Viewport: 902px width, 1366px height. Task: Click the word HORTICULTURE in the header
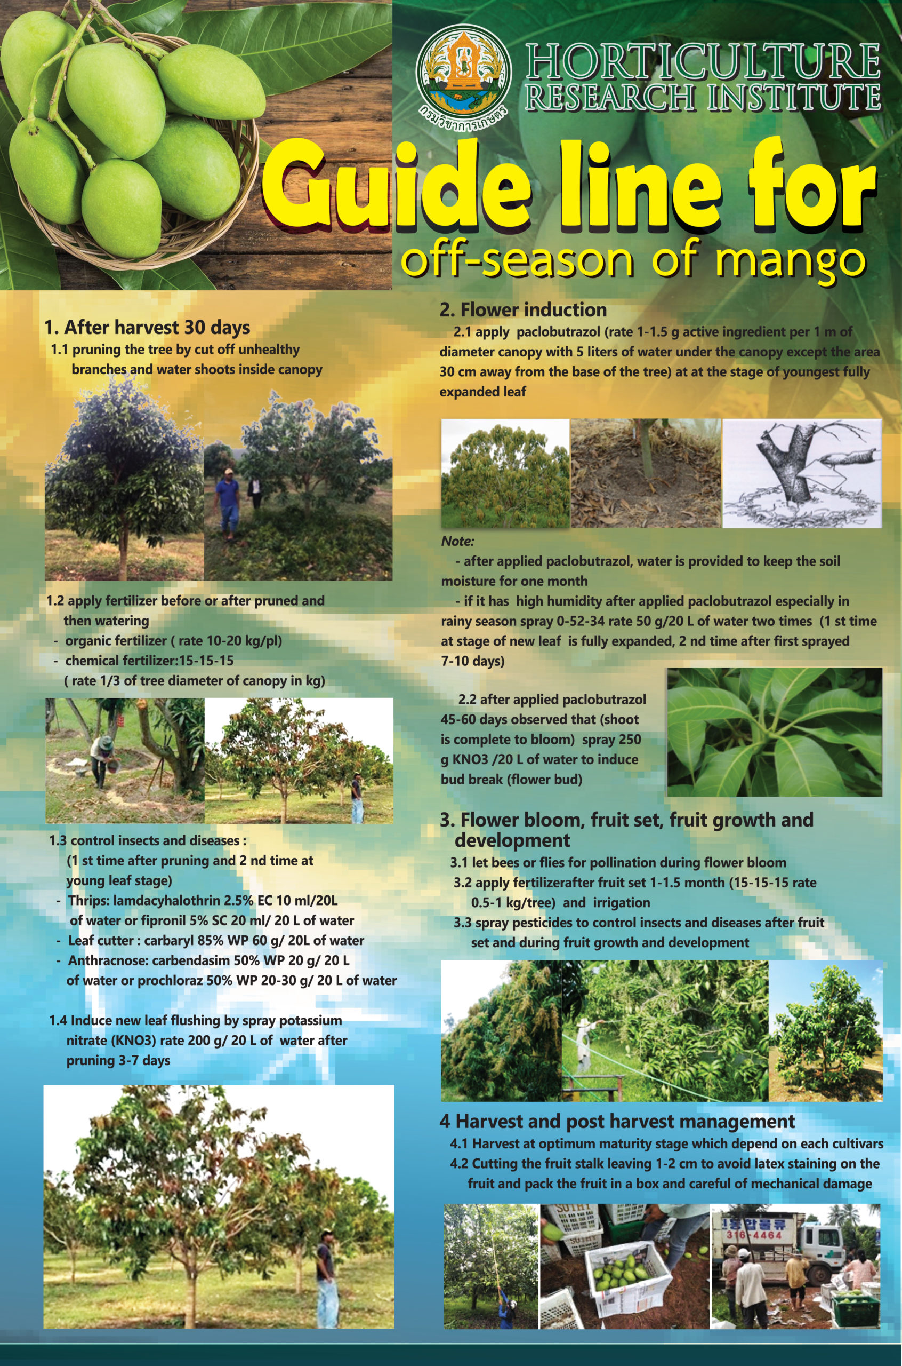pos(703,61)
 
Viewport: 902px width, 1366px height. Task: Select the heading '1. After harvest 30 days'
pos(147,328)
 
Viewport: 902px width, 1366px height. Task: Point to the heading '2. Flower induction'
pos(523,309)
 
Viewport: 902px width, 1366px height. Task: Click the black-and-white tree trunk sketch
pos(802,473)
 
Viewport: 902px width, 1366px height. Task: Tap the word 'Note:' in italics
pos(457,541)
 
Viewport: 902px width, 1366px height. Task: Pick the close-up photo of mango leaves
pos(774,732)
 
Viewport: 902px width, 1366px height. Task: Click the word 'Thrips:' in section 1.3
pos(88,900)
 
